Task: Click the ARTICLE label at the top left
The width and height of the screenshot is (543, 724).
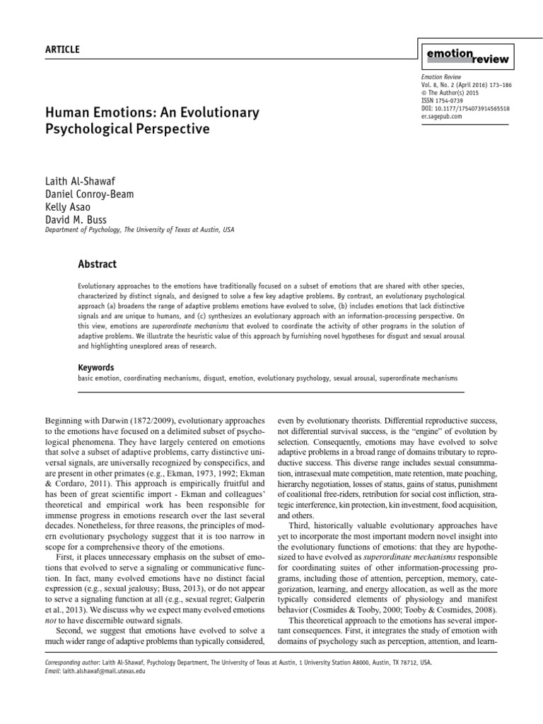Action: (62, 49)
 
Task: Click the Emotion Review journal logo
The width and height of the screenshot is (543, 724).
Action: (467, 55)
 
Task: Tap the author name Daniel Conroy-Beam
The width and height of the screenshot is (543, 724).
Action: (90, 194)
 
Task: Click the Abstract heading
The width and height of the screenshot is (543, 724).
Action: (97, 264)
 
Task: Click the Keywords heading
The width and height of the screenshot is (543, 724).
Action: (95, 368)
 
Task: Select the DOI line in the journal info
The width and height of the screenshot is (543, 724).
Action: (465, 109)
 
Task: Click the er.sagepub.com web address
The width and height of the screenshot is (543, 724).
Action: (442, 117)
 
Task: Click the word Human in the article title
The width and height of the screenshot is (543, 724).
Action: (64, 113)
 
